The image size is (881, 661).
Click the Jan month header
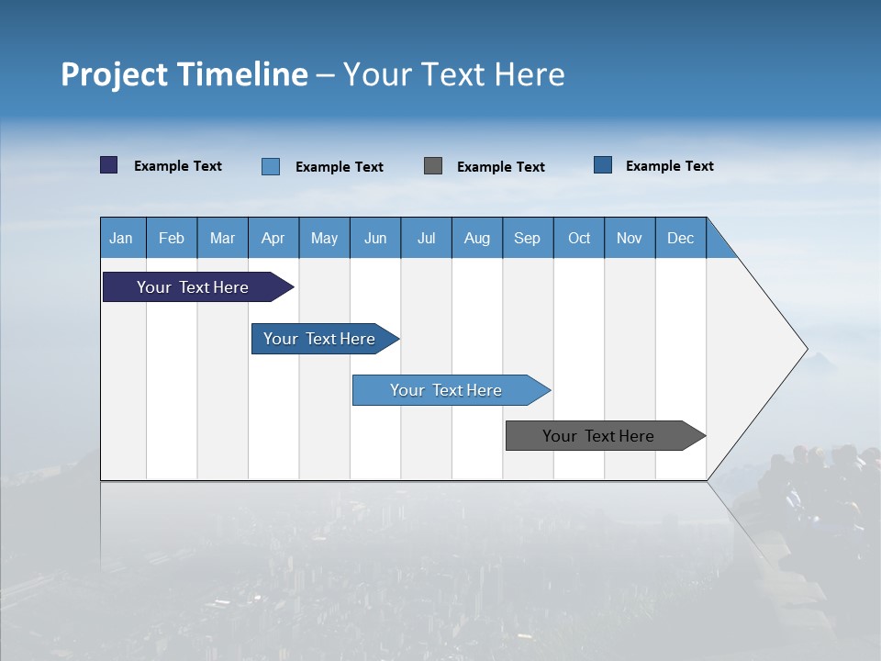(x=122, y=238)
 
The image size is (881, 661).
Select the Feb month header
(x=172, y=238)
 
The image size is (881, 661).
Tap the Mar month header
(x=222, y=238)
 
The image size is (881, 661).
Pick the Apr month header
(x=273, y=238)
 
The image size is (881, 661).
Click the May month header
(x=324, y=238)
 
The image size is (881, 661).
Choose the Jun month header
(x=375, y=238)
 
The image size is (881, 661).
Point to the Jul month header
(x=426, y=238)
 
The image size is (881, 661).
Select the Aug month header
(x=477, y=238)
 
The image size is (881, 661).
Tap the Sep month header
(x=528, y=238)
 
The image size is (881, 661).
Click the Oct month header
(x=579, y=238)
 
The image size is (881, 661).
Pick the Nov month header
(x=630, y=238)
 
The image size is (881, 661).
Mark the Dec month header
(x=681, y=238)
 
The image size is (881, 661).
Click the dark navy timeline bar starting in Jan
(x=194, y=287)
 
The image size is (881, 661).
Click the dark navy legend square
(x=109, y=165)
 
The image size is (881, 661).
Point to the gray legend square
(x=433, y=166)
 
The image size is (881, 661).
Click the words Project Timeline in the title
(x=184, y=74)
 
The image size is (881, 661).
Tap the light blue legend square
(x=271, y=166)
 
